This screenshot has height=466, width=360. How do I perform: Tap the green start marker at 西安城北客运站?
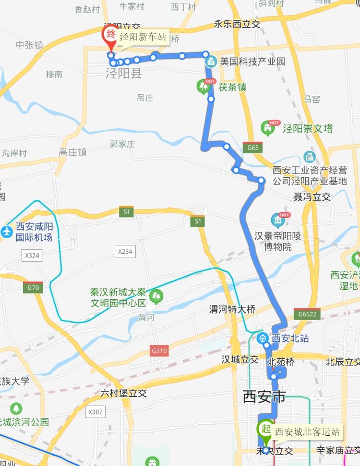265,430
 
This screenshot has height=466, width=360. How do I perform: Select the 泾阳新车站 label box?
143,37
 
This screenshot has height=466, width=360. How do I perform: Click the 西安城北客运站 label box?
307,432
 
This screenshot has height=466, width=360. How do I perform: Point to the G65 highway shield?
253,148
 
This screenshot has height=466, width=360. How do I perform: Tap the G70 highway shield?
32,288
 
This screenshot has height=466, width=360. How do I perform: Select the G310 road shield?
159,351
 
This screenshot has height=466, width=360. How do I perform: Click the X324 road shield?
32,255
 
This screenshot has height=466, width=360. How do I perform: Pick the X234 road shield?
125,252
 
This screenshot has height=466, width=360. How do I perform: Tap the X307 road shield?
95,412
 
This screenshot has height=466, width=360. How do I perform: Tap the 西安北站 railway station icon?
262,338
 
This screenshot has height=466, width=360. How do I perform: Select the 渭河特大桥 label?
232,309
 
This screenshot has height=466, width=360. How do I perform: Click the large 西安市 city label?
265,397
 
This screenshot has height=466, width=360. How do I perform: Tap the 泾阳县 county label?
124,73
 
